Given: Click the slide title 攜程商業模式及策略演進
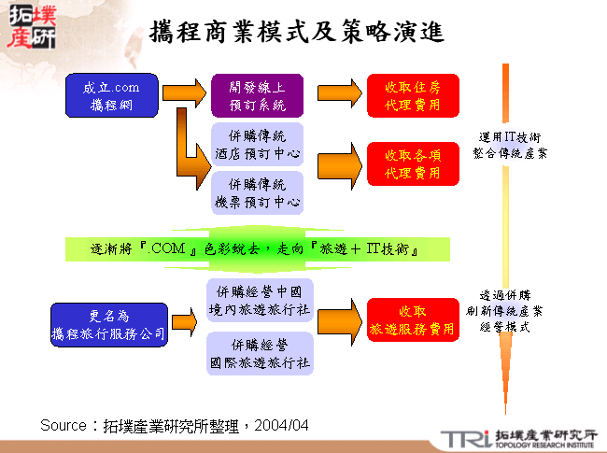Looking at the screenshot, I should pyautogui.click(x=297, y=32).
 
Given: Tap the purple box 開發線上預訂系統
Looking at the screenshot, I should pyautogui.click(x=257, y=96).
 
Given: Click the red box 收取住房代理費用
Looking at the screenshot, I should pyautogui.click(x=412, y=96).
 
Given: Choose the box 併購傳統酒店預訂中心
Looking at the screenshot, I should pyautogui.click(x=257, y=144).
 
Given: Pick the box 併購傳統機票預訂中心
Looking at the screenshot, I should pyautogui.click(x=257, y=191).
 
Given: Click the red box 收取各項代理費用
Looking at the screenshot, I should pyautogui.click(x=412, y=163).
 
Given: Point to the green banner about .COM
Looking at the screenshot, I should pyautogui.click(x=258, y=249).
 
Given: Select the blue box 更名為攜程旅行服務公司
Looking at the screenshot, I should pyautogui.click(x=108, y=323).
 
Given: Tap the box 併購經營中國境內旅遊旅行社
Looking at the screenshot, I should pyautogui.click(x=259, y=300).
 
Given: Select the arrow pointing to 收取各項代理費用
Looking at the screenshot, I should pyautogui.click(x=337, y=163).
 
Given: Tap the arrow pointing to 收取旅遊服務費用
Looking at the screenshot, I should pyautogui.click(x=337, y=319).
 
